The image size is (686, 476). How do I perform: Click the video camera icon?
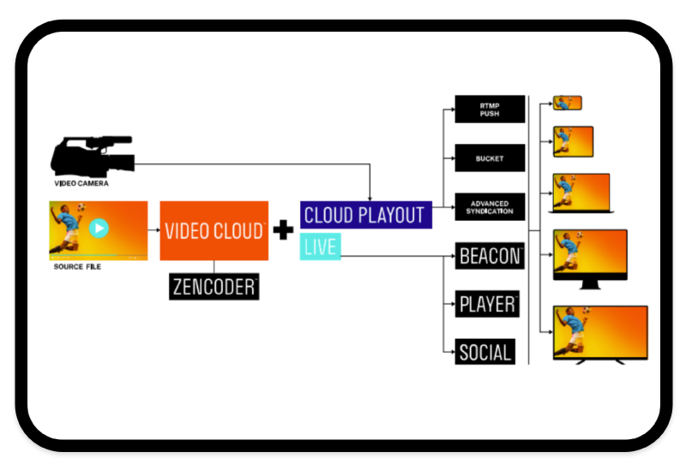coord(91,156)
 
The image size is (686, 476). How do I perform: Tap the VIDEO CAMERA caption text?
coord(81,183)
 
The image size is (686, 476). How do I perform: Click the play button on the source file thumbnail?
coord(99,229)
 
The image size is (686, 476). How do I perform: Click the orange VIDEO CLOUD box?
coord(214,230)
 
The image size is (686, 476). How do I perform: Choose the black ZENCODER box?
coord(214,287)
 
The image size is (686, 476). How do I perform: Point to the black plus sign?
coord(283,230)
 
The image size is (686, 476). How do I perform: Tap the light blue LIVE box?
coord(320,247)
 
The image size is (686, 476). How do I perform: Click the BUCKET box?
coord(490,158)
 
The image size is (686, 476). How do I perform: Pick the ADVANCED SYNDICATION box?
coord(490,207)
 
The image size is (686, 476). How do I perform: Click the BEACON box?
coord(490,256)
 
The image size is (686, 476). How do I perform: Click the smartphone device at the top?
coord(568,103)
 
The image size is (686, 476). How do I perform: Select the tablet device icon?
coord(573,141)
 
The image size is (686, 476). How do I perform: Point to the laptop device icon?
coord(581,193)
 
